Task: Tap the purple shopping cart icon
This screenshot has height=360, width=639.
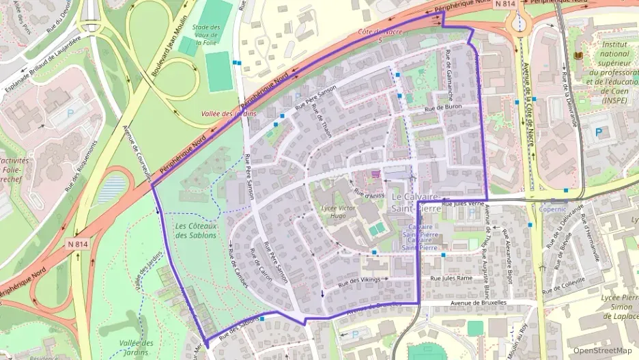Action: click(375, 175)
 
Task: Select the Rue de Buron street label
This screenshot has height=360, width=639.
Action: click(443, 107)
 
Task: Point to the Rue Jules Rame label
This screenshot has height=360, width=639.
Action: click(451, 278)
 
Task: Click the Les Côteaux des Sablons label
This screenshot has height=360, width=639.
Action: click(195, 230)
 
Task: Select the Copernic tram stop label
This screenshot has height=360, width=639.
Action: click(553, 209)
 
